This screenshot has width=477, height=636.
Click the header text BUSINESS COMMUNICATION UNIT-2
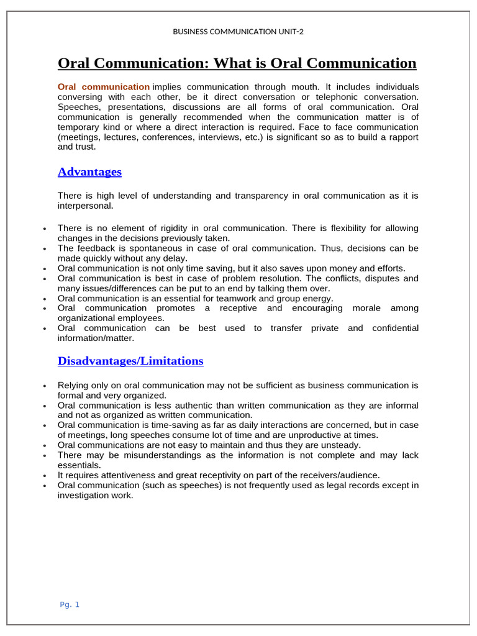tap(238, 31)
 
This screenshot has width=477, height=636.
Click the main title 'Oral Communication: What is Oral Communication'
tap(237, 63)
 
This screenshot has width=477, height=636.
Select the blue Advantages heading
tap(89, 172)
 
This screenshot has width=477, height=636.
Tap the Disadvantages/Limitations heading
tap(130, 361)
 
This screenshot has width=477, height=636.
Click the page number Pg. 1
tap(70, 604)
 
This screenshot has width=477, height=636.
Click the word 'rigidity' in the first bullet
tap(163, 228)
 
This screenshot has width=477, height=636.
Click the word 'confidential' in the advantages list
tap(395, 328)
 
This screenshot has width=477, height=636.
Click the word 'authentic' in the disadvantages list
tap(188, 405)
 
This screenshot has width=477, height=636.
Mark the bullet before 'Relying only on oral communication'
tap(45, 386)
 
